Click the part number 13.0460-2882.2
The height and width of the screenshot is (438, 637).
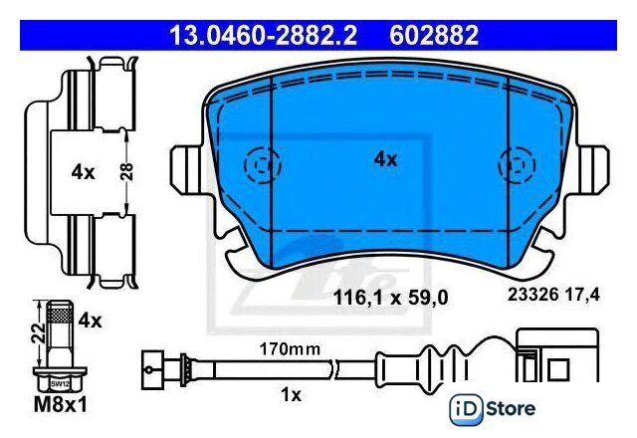[263, 36]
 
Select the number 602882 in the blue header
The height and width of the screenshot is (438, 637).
[434, 36]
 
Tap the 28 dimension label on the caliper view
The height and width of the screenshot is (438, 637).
[126, 172]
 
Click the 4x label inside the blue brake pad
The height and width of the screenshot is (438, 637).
[385, 159]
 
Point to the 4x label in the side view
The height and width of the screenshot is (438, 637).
[83, 172]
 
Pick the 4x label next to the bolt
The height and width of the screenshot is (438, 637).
[91, 321]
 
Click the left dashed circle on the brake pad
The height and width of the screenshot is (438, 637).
[263, 165]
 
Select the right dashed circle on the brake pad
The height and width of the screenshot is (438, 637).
[517, 165]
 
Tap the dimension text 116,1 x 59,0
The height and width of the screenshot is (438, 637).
[390, 298]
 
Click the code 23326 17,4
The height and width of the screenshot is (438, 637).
[553, 295]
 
